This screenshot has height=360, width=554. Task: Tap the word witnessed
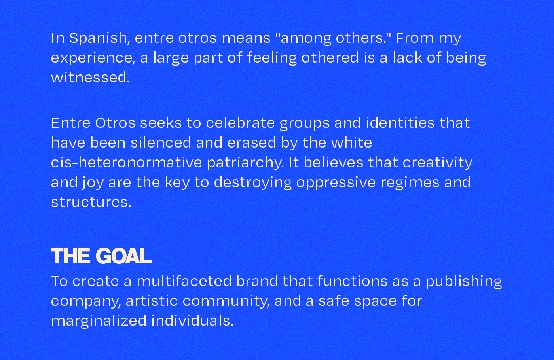pos(90,78)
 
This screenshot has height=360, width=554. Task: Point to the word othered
pos(330,57)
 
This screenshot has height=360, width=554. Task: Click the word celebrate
pos(240,123)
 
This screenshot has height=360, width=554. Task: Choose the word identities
pos(400,123)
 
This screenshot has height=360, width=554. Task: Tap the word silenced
pos(161,142)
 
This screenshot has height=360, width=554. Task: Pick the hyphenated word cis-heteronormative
pos(126,163)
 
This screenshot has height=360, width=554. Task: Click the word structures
pos(91,202)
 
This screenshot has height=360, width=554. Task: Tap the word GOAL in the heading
pos(123,256)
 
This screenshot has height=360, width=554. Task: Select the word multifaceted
pos(184,281)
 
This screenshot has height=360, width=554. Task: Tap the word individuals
pos(192,320)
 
